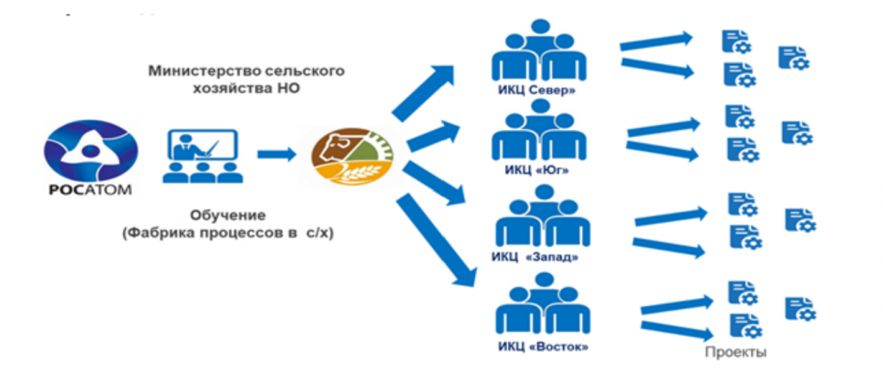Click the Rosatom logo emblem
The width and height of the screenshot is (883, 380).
(90, 148)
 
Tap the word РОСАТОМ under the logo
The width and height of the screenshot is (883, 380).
(90, 190)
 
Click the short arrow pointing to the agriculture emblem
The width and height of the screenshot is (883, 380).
(277, 155)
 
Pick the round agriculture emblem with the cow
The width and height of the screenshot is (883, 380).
(353, 155)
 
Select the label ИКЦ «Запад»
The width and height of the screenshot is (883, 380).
(535, 258)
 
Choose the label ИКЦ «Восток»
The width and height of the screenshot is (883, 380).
(543, 346)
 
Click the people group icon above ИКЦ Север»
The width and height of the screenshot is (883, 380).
(540, 52)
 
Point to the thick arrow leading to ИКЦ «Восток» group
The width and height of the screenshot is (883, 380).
(435, 242)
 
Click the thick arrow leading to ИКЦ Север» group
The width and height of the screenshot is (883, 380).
(423, 91)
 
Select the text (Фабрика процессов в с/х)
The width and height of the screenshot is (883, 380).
(228, 234)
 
